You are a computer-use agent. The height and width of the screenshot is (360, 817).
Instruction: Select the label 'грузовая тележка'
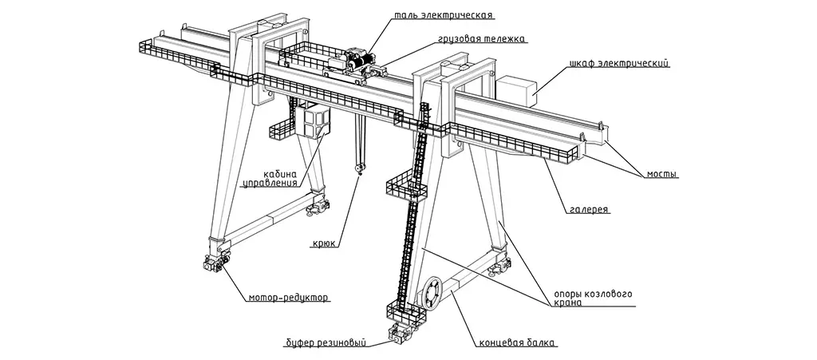482,38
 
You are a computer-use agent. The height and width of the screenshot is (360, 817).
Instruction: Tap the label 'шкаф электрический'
618,63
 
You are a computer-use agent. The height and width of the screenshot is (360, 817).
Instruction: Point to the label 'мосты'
661,173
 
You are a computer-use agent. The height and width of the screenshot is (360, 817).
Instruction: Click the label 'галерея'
590,210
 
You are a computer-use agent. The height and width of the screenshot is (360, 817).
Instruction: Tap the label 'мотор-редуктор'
287,298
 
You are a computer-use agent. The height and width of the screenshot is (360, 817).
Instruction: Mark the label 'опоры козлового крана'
594,299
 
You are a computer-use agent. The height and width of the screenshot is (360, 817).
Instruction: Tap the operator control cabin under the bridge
314,123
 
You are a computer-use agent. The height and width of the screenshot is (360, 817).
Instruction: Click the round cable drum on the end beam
432,293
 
